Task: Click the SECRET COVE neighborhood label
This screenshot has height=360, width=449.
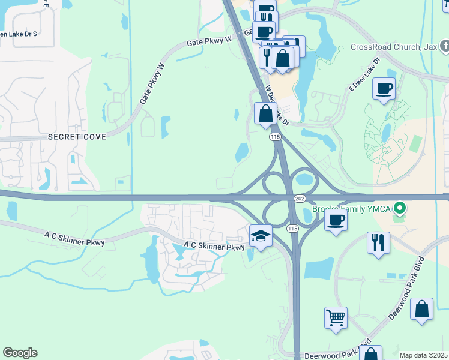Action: coord(77,137)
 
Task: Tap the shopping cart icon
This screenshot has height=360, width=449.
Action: coord(336,317)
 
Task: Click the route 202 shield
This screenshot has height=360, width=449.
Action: coord(300,198)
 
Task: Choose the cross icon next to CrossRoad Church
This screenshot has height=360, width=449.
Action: coord(444,46)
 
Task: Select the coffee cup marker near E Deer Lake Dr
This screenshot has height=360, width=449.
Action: coord(384,89)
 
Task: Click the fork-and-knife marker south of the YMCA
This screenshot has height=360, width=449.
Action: coord(378,242)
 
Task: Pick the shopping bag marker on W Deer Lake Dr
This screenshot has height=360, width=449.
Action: coord(265,113)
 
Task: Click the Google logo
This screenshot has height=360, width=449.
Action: coord(20,353)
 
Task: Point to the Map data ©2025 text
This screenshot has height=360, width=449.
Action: coord(424,355)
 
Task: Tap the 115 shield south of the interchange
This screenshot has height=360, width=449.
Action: coord(292,229)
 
